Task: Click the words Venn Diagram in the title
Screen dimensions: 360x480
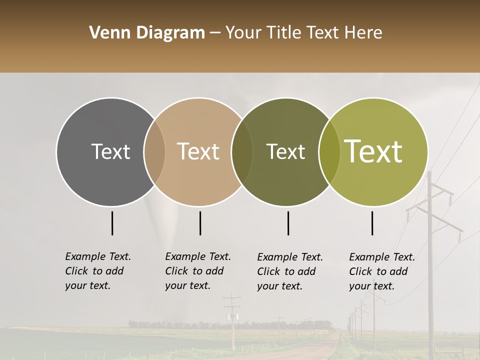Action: pyautogui.click(x=147, y=33)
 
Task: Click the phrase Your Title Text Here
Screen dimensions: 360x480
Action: pyautogui.click(x=303, y=33)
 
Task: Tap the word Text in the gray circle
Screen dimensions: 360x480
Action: pyautogui.click(x=110, y=152)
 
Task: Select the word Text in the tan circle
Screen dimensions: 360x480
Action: pyautogui.click(x=198, y=152)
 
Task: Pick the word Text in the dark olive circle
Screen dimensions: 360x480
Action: pyautogui.click(x=285, y=152)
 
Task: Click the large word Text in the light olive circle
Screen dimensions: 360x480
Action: pyautogui.click(x=373, y=151)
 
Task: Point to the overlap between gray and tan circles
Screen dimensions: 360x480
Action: pyautogui.click(x=154, y=152)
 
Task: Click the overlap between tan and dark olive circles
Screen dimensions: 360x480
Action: pyautogui.click(x=242, y=152)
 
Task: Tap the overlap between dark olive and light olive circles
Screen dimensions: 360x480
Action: pyautogui.click(x=329, y=152)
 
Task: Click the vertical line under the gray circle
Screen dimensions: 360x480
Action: pyautogui.click(x=112, y=223)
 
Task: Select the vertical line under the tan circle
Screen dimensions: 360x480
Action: pyautogui.click(x=200, y=223)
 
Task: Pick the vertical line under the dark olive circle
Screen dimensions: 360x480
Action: pyautogui.click(x=288, y=223)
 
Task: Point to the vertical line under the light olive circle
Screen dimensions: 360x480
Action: pyautogui.click(x=372, y=223)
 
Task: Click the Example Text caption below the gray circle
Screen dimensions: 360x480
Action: pyautogui.click(x=98, y=271)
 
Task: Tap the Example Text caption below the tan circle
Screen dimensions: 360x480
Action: pyautogui.click(x=198, y=271)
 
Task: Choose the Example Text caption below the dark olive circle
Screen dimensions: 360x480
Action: pyautogui.click(x=290, y=271)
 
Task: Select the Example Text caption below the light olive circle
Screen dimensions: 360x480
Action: pyautogui.click(x=382, y=271)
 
